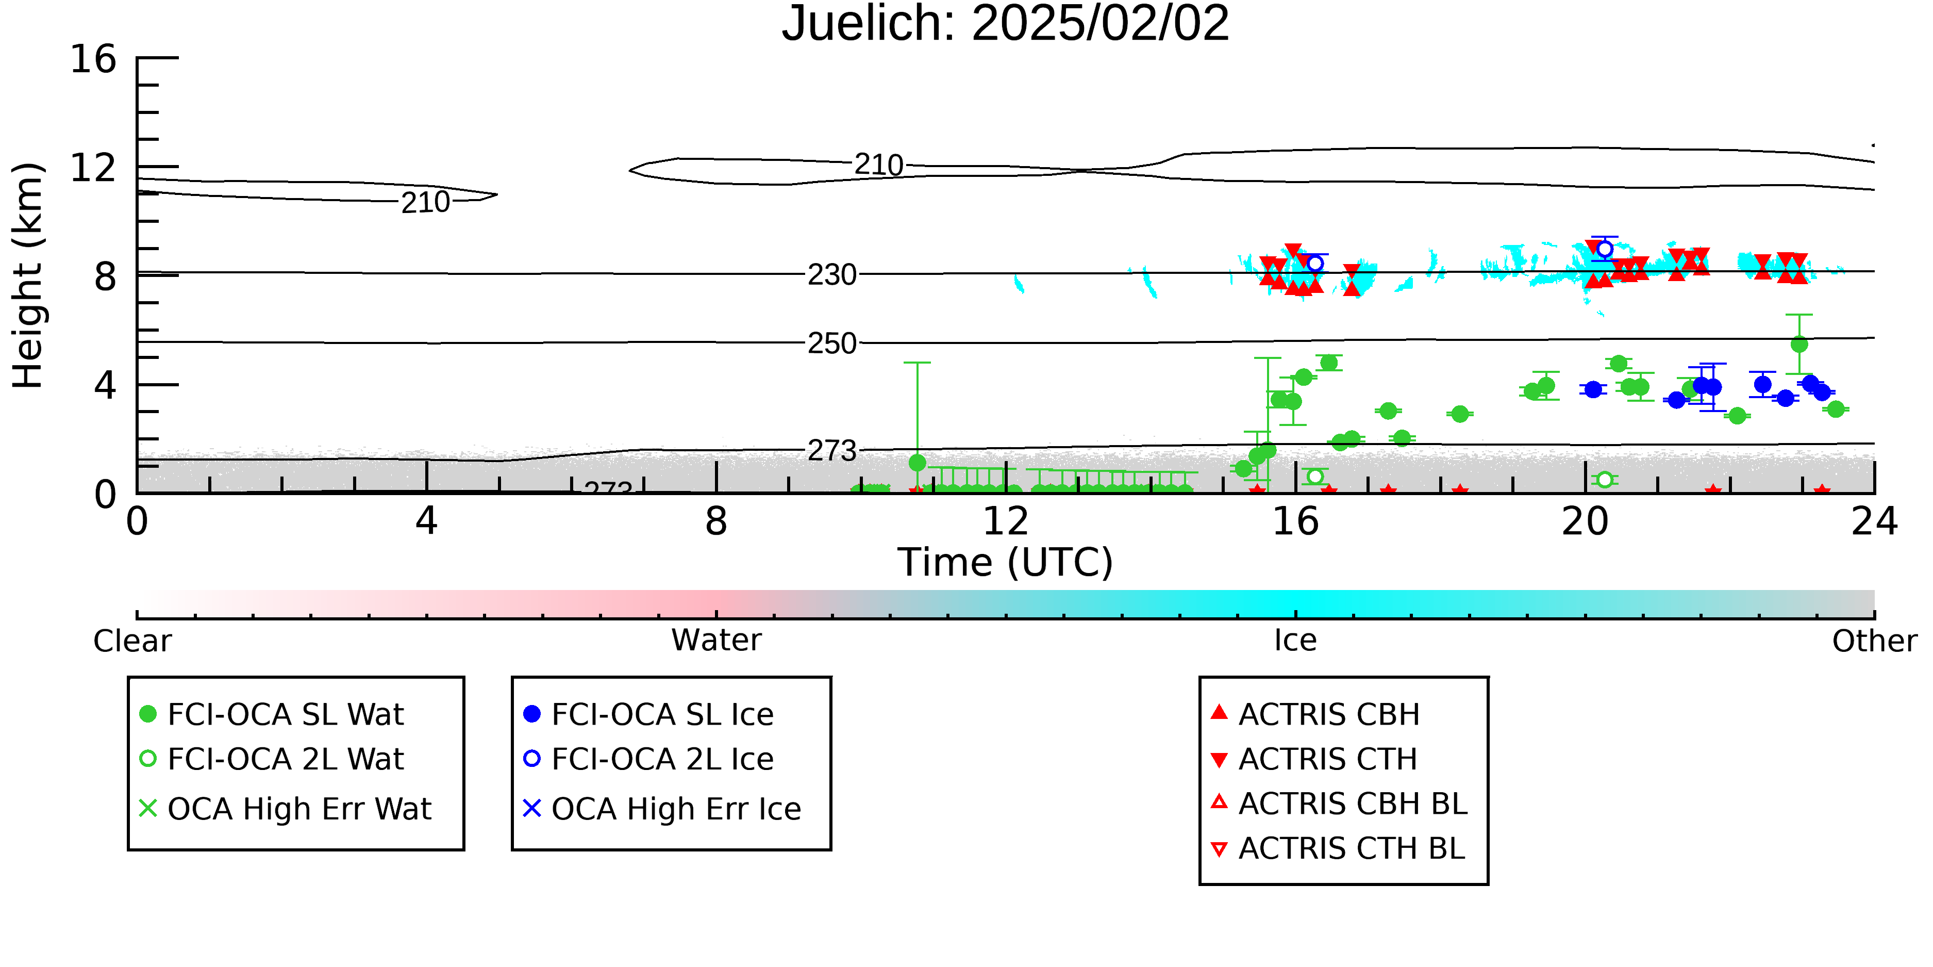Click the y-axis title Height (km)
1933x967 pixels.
click(x=28, y=275)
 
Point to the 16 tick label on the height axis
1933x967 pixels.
click(x=93, y=59)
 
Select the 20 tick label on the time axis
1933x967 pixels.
click(x=1585, y=521)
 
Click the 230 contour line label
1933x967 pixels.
click(x=831, y=275)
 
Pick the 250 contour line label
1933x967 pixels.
click(x=831, y=343)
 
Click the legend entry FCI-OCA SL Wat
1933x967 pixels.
click(x=272, y=714)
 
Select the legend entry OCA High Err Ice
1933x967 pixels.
click(x=662, y=809)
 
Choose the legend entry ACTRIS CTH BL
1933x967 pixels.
click(x=1338, y=848)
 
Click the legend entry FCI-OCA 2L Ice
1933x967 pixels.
click(x=648, y=759)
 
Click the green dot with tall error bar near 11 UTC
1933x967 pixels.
click(x=917, y=463)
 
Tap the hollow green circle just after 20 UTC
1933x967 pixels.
click(x=1604, y=479)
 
